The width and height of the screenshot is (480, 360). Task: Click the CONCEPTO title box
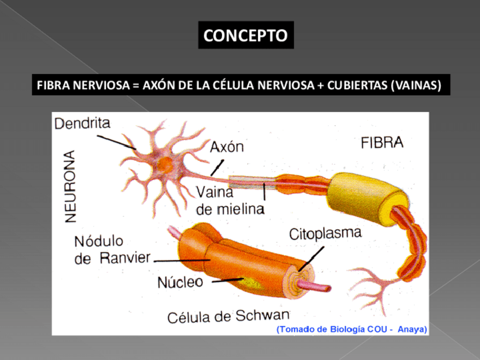pyautogui.click(x=245, y=36)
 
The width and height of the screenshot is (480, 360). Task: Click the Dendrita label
pyautogui.click(x=82, y=123)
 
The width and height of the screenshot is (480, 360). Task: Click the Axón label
pyautogui.click(x=226, y=147)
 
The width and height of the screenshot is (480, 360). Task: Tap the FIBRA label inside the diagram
pyautogui.click(x=382, y=143)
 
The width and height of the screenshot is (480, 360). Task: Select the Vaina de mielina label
pyautogui.click(x=230, y=200)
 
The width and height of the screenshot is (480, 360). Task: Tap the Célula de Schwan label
pyautogui.click(x=228, y=316)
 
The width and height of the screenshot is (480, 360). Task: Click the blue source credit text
pyautogui.click(x=351, y=329)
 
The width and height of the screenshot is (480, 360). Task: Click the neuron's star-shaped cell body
pyautogui.click(x=165, y=165)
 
